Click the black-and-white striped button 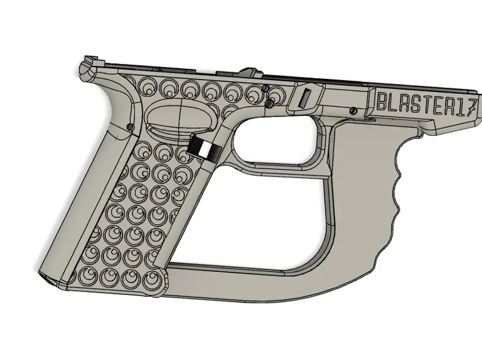(202, 148)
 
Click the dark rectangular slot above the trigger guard (306, 98)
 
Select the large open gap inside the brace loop (264, 213)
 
